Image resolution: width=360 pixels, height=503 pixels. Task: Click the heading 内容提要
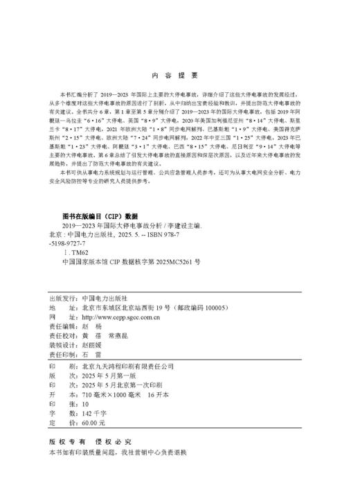[x=178, y=74]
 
